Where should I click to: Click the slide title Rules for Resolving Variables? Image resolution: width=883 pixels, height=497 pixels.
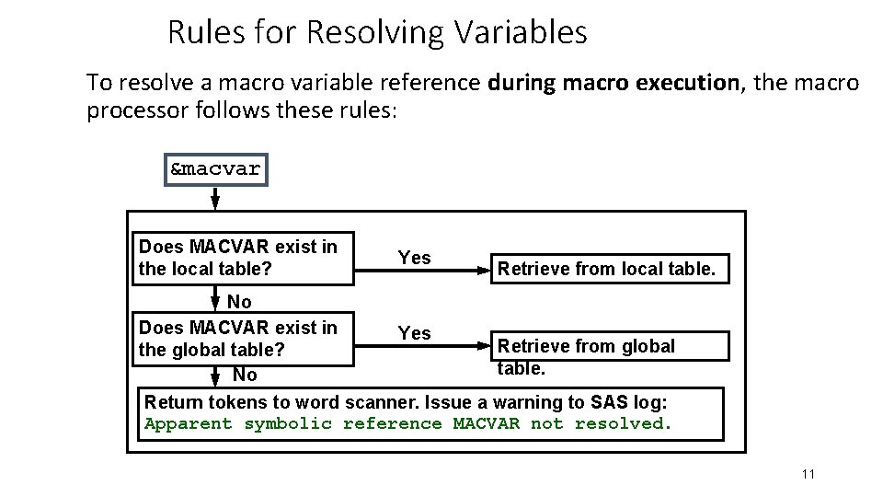coord(377,33)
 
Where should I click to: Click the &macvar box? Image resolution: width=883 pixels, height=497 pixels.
coord(216,170)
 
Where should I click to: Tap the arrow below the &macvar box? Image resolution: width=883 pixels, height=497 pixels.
coord(215,198)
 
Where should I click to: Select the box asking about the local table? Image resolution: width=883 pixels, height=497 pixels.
coord(243,258)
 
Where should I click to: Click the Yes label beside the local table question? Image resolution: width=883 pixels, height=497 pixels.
coord(414,258)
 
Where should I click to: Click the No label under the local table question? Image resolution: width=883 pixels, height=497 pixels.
coord(239,301)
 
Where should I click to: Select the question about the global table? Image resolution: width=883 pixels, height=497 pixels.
coord(237,339)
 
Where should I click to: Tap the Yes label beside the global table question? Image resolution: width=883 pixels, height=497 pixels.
coord(414,332)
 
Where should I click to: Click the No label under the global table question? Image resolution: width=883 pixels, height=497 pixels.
coord(245,375)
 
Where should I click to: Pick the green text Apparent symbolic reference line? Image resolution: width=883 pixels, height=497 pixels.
coord(408,423)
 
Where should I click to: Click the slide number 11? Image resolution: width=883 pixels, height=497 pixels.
coord(808,474)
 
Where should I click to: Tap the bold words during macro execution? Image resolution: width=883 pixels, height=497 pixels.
coord(614,83)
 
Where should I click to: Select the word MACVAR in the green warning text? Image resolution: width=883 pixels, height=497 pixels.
coord(486,423)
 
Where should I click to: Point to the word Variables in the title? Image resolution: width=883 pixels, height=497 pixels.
coord(520,33)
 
